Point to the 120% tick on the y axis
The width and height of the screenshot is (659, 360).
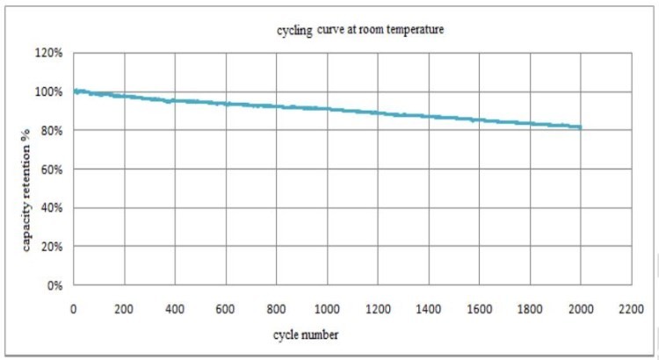coord(49,54)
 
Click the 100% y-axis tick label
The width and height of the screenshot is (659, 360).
coord(49,92)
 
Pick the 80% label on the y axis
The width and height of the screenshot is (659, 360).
coord(52,131)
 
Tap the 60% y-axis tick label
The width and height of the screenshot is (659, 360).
coord(52,169)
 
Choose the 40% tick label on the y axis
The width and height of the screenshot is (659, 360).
coord(52,208)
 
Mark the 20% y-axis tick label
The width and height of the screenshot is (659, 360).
coord(52,247)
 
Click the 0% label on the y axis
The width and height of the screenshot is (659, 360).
coord(54,285)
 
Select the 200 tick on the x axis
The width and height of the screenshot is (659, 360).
coord(124,309)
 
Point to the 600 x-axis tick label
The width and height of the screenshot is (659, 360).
coord(226,309)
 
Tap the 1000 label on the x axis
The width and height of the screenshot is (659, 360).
coord(327,309)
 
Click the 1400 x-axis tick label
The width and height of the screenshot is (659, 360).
coord(429,309)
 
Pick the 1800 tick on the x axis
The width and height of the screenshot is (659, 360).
coord(530,309)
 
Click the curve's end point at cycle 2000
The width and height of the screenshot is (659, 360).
coord(580,127)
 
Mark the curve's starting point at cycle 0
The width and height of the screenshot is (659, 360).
coord(74,90)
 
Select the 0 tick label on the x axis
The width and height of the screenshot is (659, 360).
coord(74,309)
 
